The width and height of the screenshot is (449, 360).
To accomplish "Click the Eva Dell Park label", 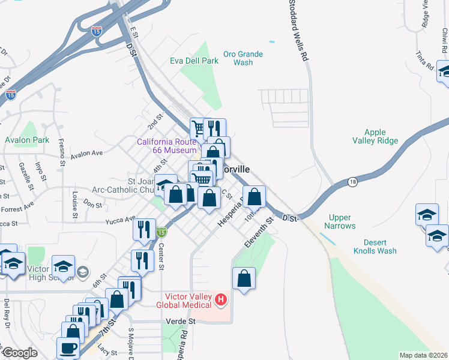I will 194,61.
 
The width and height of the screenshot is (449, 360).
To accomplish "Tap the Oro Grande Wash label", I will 243,58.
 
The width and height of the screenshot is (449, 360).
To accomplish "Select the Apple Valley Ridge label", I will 381,136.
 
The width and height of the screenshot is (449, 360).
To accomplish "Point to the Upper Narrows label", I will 340,222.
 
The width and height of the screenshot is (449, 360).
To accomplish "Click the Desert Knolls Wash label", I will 375,247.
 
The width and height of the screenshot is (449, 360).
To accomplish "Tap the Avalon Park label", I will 26,140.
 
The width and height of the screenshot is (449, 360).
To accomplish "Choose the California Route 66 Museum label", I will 167,146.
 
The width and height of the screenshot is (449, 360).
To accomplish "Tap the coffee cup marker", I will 68,347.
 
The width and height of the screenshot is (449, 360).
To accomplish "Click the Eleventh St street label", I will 259,232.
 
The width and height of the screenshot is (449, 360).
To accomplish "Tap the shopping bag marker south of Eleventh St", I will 244,278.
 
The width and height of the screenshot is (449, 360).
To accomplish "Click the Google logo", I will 20,353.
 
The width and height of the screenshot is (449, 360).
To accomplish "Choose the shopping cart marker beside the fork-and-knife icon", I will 198,128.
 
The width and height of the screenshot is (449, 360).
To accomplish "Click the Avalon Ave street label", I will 87,154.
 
